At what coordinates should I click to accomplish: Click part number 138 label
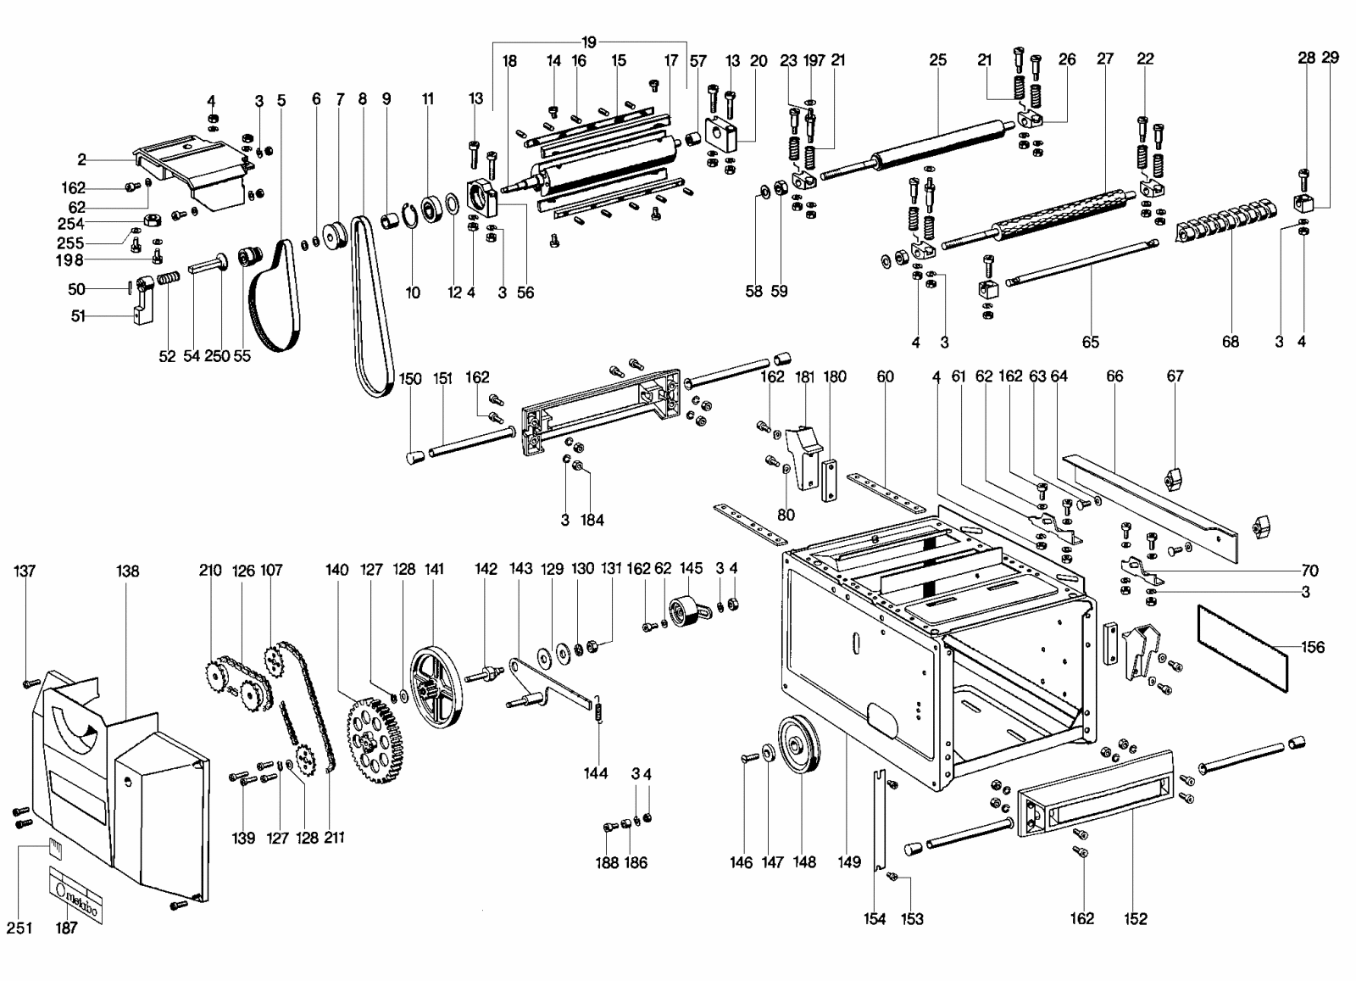[x=127, y=571]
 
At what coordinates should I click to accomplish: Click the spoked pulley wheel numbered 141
[x=436, y=688]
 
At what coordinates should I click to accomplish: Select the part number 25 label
[x=937, y=60]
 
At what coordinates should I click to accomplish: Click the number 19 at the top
[x=589, y=42]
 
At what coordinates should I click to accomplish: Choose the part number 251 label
[x=19, y=928]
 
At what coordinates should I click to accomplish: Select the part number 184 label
[x=592, y=520]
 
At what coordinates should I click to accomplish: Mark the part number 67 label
[x=1175, y=376]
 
